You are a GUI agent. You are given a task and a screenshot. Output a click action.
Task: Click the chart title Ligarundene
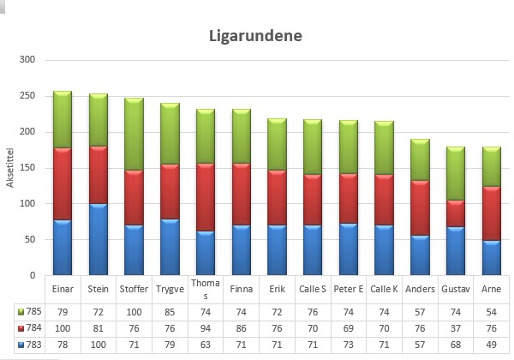tap(255, 36)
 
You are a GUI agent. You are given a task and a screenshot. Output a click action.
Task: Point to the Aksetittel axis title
tap(9, 167)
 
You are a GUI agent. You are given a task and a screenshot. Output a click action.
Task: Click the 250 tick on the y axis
tap(27, 96)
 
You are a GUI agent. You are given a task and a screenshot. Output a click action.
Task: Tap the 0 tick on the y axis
tap(33, 275)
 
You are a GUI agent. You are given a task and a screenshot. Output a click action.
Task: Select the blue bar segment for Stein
tap(99, 239)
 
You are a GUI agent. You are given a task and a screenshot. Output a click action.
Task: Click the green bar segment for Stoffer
tap(134, 134)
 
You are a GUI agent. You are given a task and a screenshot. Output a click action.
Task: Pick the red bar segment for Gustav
tap(456, 213)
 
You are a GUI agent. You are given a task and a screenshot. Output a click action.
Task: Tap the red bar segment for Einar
tap(63, 184)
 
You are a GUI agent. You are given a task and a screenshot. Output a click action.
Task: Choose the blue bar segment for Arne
tap(492, 258)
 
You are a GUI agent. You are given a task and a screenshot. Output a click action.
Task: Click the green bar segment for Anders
tap(420, 159)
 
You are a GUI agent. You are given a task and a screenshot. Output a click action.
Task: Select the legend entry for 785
tap(29, 311)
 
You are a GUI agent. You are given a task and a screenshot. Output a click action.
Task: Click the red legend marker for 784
tap(21, 328)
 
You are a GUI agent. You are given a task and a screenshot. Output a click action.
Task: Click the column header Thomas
tap(206, 289)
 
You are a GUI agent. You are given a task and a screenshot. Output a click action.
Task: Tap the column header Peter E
tap(349, 289)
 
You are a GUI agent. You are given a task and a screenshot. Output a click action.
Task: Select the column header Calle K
tap(384, 289)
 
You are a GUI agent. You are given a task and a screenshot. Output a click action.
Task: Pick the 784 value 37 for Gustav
tap(456, 328)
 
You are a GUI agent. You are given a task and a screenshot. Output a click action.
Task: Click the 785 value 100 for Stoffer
tap(134, 312)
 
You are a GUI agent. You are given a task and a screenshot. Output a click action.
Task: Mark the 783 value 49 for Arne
tap(492, 345)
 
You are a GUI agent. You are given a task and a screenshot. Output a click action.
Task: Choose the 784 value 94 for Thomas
tap(206, 328)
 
